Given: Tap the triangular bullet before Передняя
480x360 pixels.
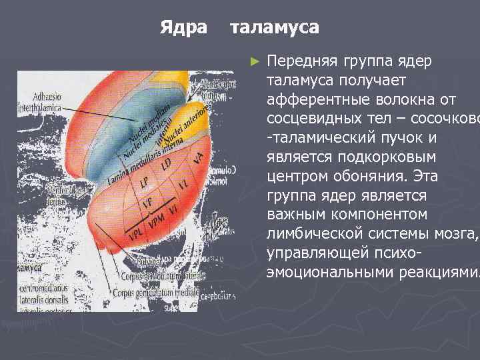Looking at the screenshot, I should pos(253,62).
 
